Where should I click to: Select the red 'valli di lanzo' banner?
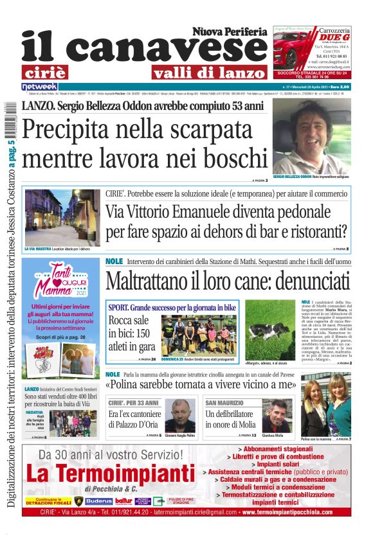[x=199, y=73]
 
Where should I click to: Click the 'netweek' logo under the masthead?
[x=39, y=86]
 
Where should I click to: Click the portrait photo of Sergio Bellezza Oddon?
[x=311, y=138]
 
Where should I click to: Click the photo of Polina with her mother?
[x=334, y=405]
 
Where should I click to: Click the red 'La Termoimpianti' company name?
[x=110, y=474]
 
